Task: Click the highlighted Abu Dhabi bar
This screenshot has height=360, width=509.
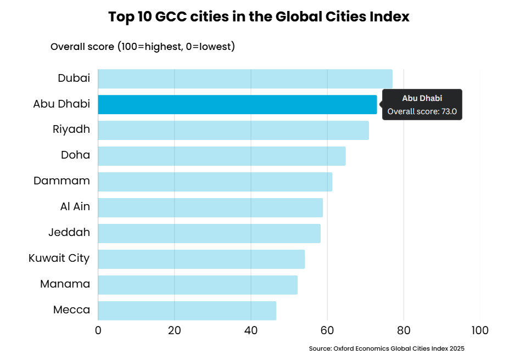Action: (x=237, y=104)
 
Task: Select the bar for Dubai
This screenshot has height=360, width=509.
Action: (x=245, y=79)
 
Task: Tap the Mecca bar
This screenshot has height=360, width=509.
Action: (x=187, y=311)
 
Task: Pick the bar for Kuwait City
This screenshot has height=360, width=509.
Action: (x=202, y=259)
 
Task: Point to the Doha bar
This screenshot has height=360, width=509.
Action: (x=222, y=156)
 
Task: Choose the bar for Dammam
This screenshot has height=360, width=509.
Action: (x=215, y=182)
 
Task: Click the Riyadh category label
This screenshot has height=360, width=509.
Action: (x=71, y=130)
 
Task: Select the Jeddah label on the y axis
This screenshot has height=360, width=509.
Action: (x=69, y=232)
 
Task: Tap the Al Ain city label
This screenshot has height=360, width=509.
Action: (x=75, y=206)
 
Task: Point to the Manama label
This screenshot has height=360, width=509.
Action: (x=65, y=284)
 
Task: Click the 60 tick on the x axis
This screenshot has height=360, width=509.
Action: (x=327, y=330)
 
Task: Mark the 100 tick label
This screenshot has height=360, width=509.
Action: (x=480, y=330)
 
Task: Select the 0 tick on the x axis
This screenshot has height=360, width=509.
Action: (x=98, y=330)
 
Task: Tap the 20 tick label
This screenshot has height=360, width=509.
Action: (x=174, y=330)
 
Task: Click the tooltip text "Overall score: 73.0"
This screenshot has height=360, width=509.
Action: (x=422, y=111)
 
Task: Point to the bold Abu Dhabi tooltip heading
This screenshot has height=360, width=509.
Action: (x=422, y=98)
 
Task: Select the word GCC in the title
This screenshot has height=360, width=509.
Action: (x=171, y=16)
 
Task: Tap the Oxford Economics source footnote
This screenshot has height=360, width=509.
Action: (x=387, y=348)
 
